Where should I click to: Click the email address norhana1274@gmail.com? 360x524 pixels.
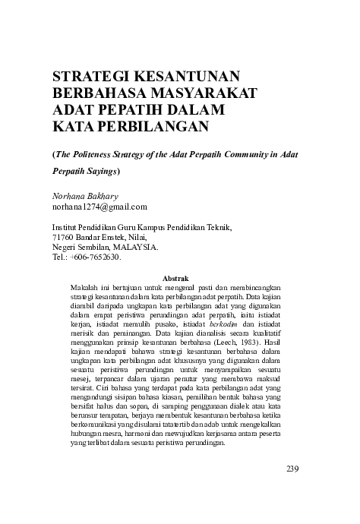(99, 207)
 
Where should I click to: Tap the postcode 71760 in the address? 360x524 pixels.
(65, 237)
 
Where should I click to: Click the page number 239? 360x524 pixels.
(295, 467)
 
